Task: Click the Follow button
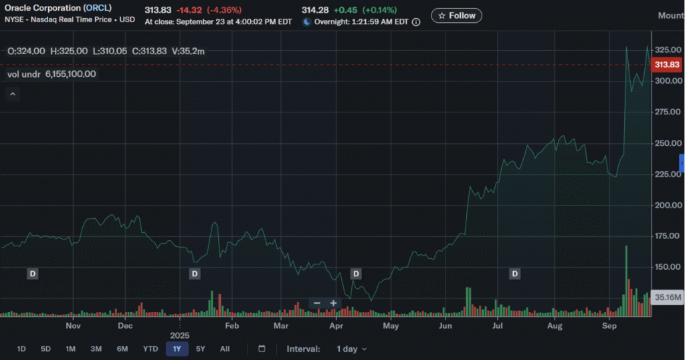(456, 16)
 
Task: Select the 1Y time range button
(177, 349)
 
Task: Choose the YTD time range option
(151, 349)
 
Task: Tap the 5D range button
(45, 349)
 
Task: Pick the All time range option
(225, 349)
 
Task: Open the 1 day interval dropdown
(352, 349)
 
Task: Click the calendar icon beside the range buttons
(262, 349)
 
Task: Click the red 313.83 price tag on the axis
(667, 65)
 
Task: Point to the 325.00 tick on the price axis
(668, 50)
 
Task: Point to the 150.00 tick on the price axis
(667, 267)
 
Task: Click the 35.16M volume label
(667, 298)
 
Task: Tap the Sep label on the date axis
(609, 326)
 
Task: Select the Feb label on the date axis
(231, 326)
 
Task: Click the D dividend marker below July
(514, 274)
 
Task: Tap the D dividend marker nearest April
(356, 274)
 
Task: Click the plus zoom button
(333, 303)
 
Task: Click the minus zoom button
(316, 303)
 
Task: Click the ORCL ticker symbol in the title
(98, 8)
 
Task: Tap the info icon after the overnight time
(416, 22)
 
